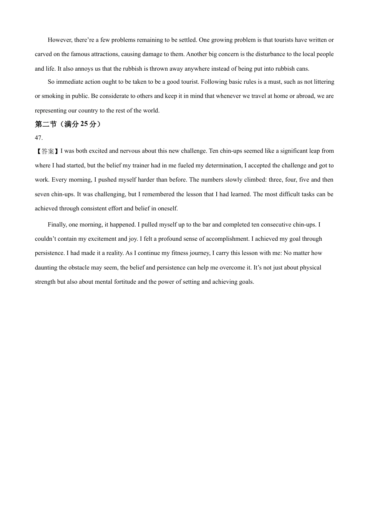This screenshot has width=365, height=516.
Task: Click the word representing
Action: click(x=51, y=111)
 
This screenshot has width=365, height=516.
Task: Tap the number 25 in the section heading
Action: click(x=84, y=124)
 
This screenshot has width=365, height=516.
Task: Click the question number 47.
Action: click(x=38, y=138)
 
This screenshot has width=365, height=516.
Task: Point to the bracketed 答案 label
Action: click(x=47, y=151)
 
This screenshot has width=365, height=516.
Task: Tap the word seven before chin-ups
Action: click(x=42, y=194)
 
